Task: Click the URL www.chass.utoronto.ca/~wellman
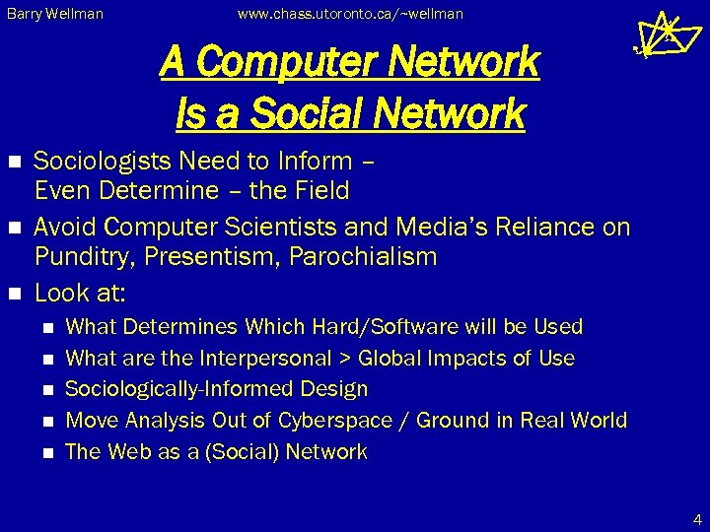pos(350,15)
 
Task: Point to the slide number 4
pos(697,518)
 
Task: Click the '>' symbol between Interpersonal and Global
pos(346,358)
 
